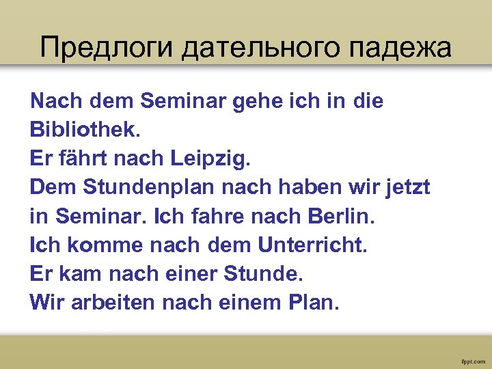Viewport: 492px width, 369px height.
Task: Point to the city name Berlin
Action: (x=340, y=216)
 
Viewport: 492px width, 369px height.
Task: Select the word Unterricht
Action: (x=312, y=245)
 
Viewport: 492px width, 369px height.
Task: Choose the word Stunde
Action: (x=266, y=273)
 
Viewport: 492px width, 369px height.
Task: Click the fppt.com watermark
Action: (x=473, y=359)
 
